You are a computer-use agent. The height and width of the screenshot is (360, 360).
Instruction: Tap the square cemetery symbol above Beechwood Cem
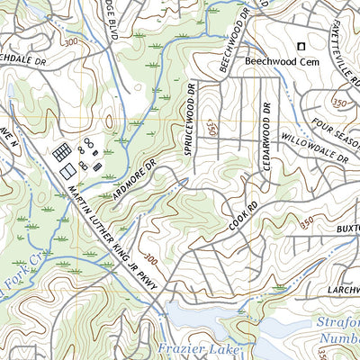[x=301, y=47]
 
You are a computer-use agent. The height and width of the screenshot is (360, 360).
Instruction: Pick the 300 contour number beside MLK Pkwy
[x=150, y=260]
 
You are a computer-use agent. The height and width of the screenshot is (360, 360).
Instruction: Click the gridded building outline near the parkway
[x=62, y=151]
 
